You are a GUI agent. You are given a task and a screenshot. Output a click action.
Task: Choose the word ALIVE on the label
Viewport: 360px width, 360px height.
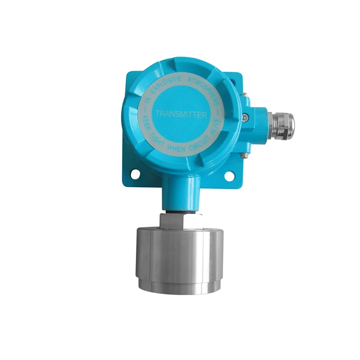(214, 126)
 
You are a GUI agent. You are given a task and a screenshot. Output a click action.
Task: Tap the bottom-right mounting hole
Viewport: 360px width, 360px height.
(230, 176)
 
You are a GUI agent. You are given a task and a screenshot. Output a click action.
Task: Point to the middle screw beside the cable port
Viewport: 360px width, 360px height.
(245, 116)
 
